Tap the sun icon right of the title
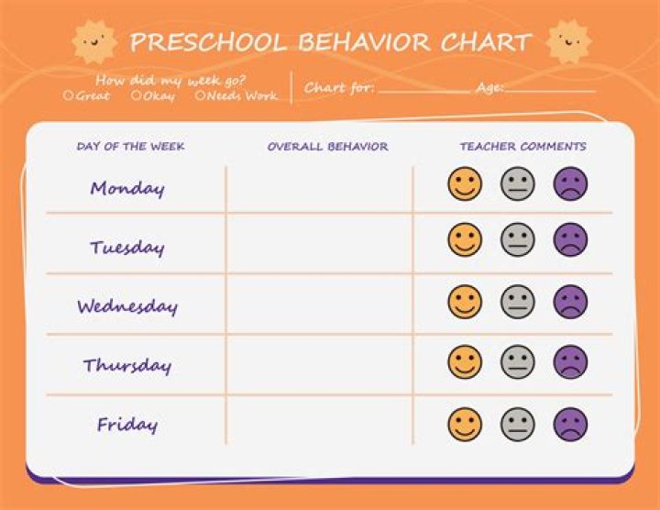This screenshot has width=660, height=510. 567,41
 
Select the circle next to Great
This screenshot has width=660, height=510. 69,95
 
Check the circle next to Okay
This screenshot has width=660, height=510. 136,95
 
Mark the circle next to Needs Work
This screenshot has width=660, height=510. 200,95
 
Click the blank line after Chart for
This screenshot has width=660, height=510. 423,90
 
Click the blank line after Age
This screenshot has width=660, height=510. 549,90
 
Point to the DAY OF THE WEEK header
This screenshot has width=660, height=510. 130,147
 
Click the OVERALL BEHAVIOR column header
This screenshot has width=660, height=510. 327,147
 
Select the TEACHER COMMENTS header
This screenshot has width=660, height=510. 522,147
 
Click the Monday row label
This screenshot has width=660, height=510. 127,189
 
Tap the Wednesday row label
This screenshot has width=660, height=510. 127,306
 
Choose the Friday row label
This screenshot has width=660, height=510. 127,425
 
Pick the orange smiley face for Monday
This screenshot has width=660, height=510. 465,184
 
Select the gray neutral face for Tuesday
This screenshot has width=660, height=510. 517,240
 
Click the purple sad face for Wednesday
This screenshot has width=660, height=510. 570,302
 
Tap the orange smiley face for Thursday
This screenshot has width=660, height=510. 465,361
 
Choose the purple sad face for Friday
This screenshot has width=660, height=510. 570,424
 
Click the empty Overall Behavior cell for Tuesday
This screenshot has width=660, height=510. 319,244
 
